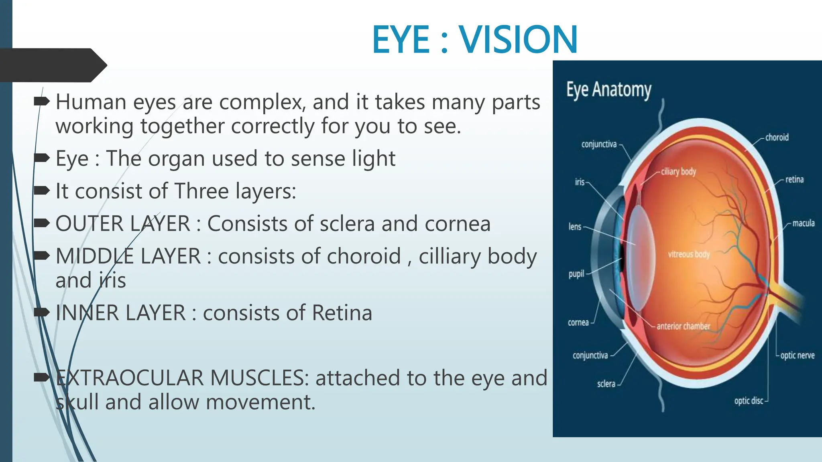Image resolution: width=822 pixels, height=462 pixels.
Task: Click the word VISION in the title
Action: tap(518, 39)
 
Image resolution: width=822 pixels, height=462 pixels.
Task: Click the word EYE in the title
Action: tap(401, 39)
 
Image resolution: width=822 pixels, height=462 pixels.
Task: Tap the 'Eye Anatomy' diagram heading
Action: tap(608, 90)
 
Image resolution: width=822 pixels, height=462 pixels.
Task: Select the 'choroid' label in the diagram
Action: tap(777, 138)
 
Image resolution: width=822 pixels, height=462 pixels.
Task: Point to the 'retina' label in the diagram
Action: tap(794, 180)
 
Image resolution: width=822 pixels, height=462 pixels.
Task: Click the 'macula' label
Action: tap(803, 223)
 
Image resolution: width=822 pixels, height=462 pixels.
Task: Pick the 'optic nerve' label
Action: tap(797, 355)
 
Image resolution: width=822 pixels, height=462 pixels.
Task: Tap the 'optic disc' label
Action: tap(749, 401)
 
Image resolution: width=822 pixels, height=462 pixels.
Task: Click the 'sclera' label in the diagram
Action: tap(606, 384)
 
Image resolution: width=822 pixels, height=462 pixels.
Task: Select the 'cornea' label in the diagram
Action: tap(578, 322)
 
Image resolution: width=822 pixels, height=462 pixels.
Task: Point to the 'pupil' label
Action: tap(576, 274)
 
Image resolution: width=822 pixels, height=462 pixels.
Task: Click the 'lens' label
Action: tap(575, 227)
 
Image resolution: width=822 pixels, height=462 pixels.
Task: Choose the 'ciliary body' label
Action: tap(678, 172)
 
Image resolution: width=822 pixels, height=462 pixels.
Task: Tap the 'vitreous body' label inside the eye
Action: tap(689, 254)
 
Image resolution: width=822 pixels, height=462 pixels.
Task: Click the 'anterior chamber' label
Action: tap(683, 326)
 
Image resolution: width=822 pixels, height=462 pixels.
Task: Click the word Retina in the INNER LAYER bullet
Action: tap(342, 313)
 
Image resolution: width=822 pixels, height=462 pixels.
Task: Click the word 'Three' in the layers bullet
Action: tap(201, 191)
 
